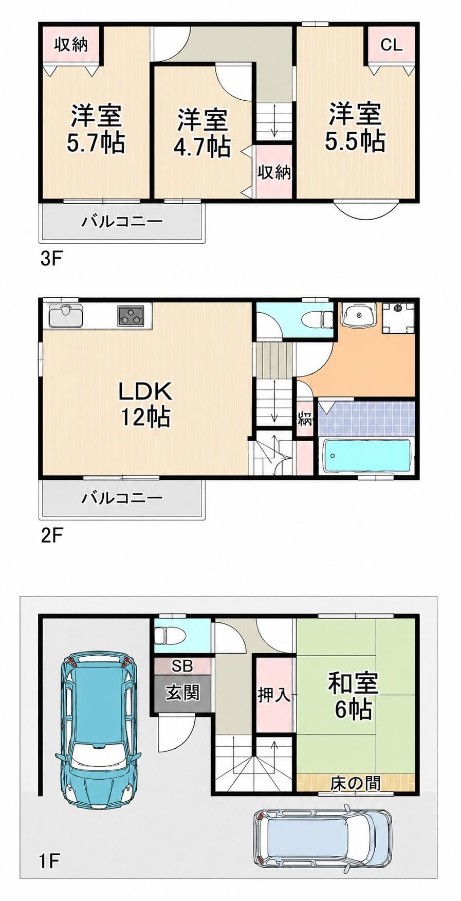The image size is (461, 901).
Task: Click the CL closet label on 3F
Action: tap(391, 45)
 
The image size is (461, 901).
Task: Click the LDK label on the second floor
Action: tap(145, 392)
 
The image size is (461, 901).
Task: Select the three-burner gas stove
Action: tap(131, 315)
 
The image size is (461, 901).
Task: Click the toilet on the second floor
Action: tap(324, 319)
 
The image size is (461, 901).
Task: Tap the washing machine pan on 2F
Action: tap(398, 317)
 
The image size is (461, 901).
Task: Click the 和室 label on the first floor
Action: tap(353, 683)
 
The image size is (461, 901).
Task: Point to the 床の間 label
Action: tap(355, 783)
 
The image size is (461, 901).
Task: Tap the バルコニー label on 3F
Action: tap(122, 222)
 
